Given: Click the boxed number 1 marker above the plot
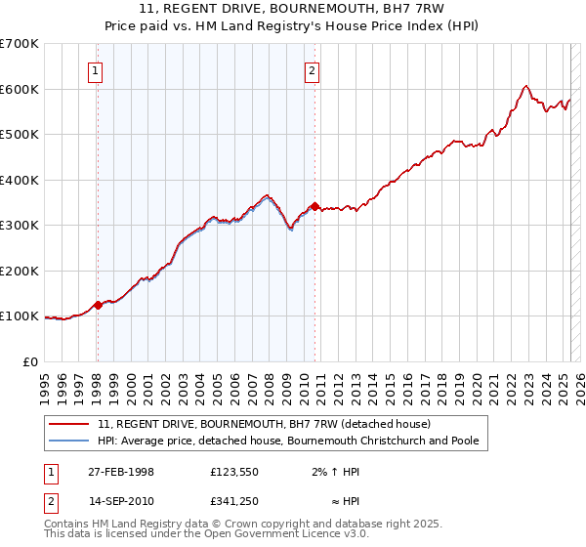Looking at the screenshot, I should point(97,69).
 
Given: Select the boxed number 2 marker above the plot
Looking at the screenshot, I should point(312,69).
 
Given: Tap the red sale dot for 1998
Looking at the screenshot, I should point(98,306).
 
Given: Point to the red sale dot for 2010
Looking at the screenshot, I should point(314,207).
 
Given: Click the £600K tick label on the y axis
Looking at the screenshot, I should point(20,89).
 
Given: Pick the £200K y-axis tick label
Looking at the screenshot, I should point(20,271).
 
